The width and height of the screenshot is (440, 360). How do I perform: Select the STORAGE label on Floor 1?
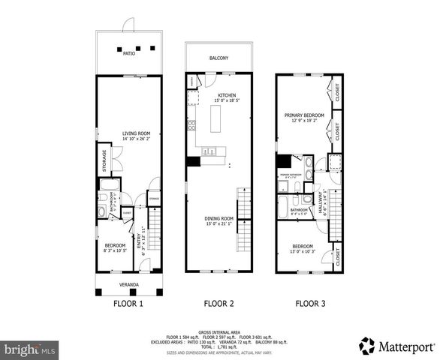coord(104,159)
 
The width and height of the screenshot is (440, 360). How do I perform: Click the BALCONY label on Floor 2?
coord(219,58)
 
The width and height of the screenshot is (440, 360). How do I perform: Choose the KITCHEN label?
coord(227,96)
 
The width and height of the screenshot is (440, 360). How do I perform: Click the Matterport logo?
coord(396,346)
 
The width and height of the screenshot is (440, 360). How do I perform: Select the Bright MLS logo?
coord(29,349)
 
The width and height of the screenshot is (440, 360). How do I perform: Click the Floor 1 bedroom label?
coord(115,246)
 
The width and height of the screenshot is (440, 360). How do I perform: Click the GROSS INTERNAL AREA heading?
coord(219,331)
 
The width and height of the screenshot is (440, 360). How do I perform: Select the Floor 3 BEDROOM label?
coord(303,247)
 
